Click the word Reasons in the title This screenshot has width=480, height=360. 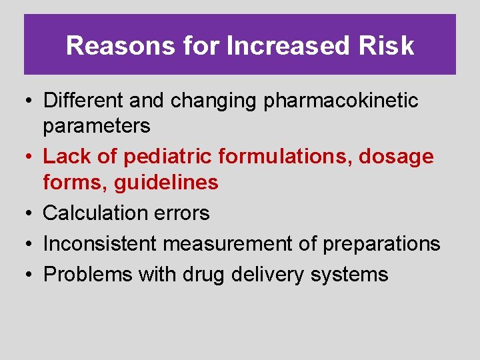pyautogui.click(x=109, y=46)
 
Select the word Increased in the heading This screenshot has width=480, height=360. pyautogui.click(x=288, y=46)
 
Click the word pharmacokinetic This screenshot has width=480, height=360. pyautogui.click(x=341, y=101)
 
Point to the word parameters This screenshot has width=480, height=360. pyautogui.click(x=97, y=125)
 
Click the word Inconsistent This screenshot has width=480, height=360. pyautogui.click(x=100, y=244)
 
